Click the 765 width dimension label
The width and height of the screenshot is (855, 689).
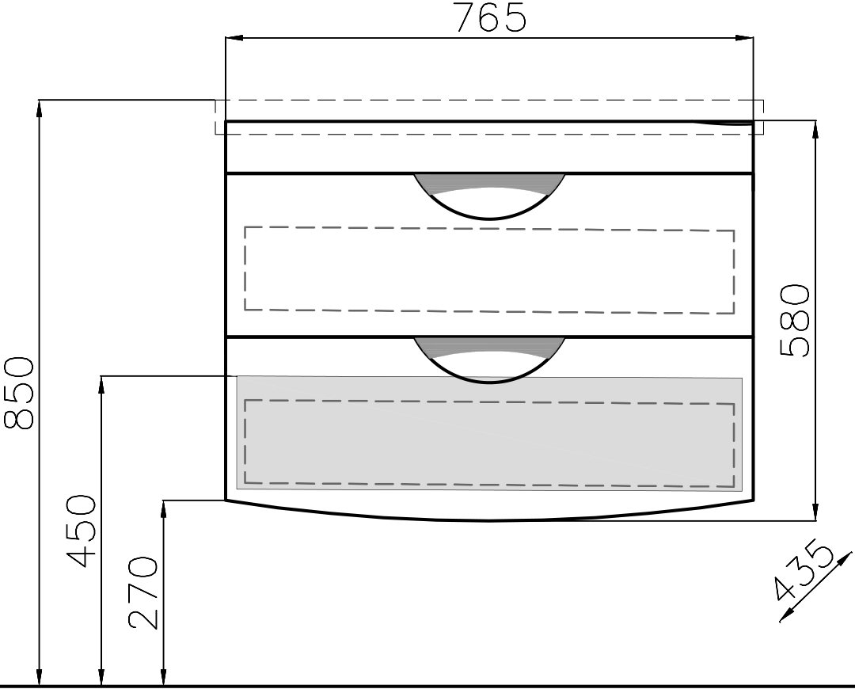(x=490, y=17)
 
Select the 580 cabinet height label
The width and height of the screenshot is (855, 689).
(x=794, y=320)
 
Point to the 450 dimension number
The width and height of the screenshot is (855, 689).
(x=81, y=531)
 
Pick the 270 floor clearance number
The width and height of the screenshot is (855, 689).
(x=142, y=592)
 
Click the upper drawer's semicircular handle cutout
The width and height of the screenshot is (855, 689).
(x=489, y=196)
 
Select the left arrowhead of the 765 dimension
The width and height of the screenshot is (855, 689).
(x=234, y=38)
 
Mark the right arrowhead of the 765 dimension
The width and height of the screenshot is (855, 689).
(x=744, y=38)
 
